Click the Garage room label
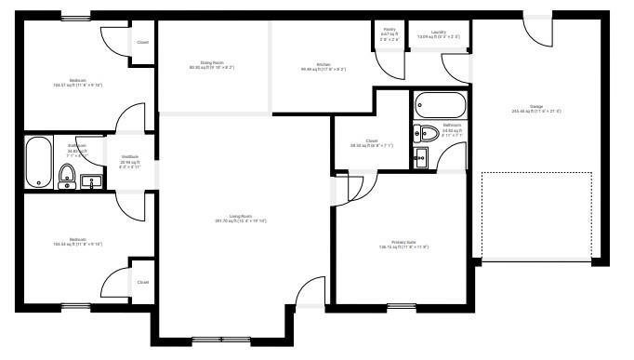tap(536, 108)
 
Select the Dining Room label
tap(212, 65)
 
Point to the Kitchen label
tap(324, 66)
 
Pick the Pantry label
tap(390, 33)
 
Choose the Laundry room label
tap(439, 34)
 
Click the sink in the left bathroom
tap(92, 180)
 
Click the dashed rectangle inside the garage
tap(536, 215)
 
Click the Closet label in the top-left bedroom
tap(142, 42)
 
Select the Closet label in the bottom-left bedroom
tap(142, 282)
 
